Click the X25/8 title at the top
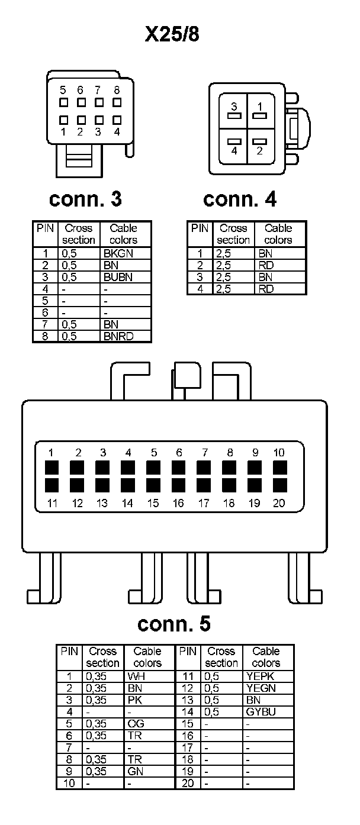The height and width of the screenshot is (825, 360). pyautogui.click(x=173, y=34)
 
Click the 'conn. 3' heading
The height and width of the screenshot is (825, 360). pyautogui.click(x=85, y=199)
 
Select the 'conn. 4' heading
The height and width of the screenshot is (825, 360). pyautogui.click(x=239, y=199)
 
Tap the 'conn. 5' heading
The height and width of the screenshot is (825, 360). pyautogui.click(x=173, y=624)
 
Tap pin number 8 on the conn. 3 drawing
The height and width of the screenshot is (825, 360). pyautogui.click(x=117, y=91)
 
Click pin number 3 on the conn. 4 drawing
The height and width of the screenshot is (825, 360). pyautogui.click(x=234, y=107)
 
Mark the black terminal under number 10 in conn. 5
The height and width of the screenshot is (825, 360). pyautogui.click(x=279, y=468)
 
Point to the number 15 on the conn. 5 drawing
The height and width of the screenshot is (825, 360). pyautogui.click(x=153, y=504)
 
